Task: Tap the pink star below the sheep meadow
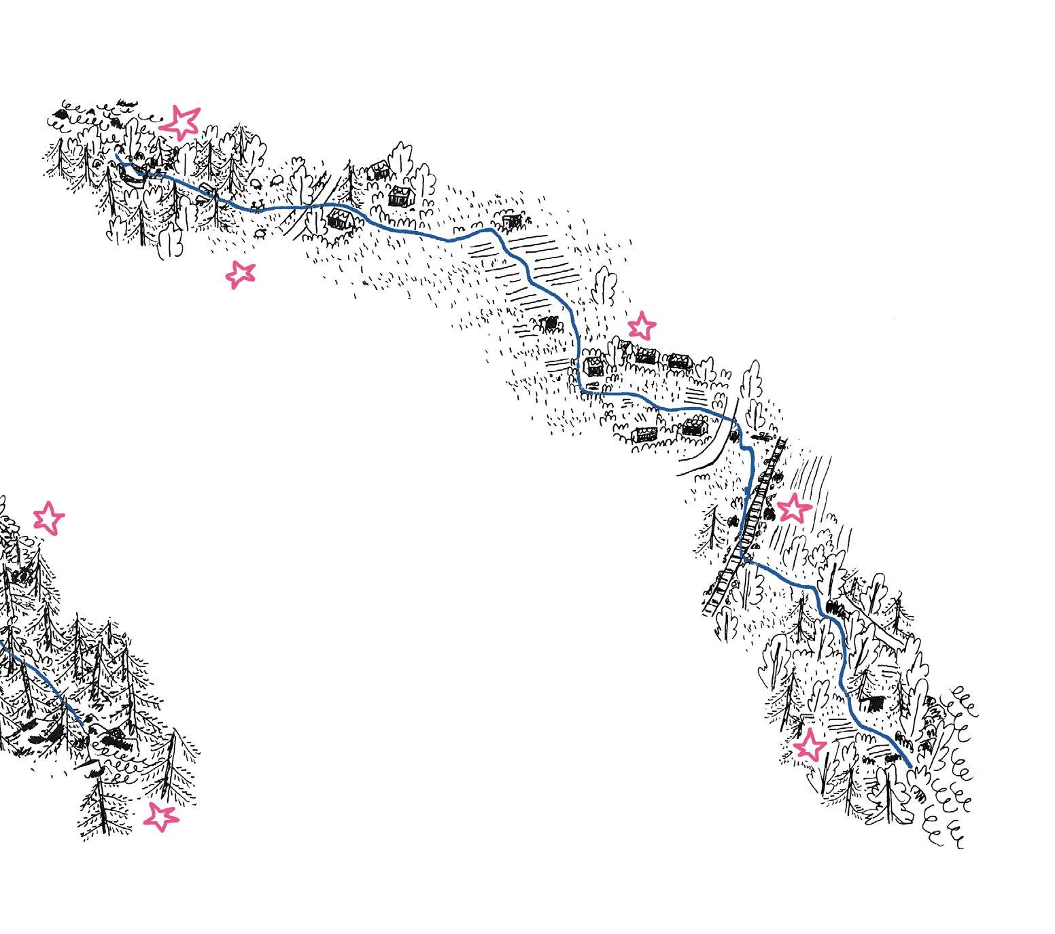(239, 274)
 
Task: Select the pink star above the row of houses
(641, 327)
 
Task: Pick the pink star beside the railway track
(794, 508)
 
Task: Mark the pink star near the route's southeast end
(810, 746)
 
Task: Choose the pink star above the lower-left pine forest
(49, 518)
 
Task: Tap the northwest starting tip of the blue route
(117, 156)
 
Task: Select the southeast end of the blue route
(910, 766)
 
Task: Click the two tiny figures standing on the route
(256, 204)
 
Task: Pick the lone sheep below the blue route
(261, 232)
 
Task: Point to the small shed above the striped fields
(513, 220)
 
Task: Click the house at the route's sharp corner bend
(594, 366)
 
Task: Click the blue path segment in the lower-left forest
(41, 679)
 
